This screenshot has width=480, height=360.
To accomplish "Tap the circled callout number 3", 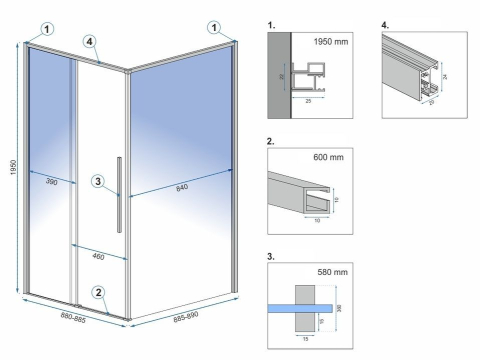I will [x=96, y=181].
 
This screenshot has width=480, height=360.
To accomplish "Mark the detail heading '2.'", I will [x=273, y=140].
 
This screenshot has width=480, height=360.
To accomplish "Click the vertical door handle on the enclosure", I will [x=119, y=193].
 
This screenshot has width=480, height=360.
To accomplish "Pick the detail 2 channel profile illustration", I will [x=306, y=189].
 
